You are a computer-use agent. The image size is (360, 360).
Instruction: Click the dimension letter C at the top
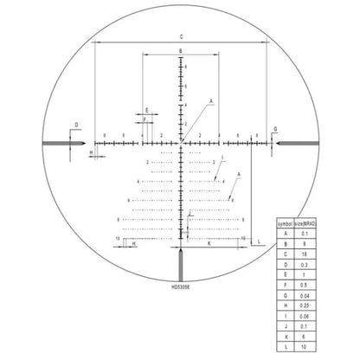[x=181, y=36]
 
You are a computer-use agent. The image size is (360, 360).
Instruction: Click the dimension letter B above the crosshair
[x=181, y=53]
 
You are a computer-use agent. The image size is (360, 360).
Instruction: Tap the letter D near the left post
[x=77, y=125]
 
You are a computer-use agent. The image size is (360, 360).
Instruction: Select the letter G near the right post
[x=275, y=128]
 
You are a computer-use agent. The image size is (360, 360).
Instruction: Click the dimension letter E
[x=147, y=110]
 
